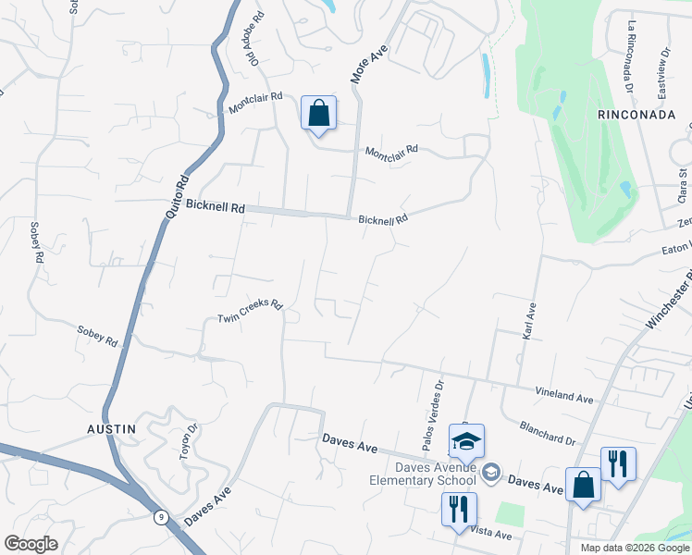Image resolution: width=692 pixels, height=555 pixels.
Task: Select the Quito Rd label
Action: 177,196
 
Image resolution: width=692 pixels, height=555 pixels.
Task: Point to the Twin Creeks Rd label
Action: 249,312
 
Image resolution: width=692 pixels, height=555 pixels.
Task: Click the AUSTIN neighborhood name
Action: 112,429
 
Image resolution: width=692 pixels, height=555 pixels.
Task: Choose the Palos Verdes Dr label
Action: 432,419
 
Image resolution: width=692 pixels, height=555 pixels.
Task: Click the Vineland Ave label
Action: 563,394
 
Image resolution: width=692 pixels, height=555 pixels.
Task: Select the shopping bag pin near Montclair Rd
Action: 318,114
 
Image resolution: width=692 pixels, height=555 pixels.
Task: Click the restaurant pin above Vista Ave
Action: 459,509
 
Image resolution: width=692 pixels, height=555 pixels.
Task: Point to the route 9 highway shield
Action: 162,516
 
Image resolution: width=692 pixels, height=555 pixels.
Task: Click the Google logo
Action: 31,544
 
